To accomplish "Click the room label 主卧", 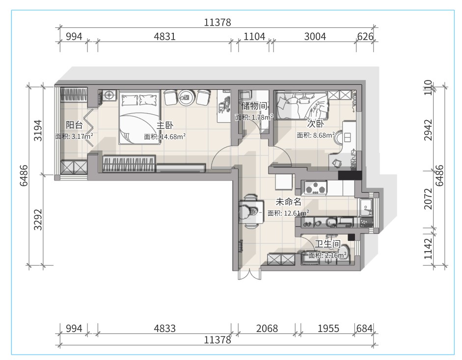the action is [x=164, y=126].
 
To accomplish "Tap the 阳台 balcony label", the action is [x=74, y=125].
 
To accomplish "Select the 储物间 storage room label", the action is [x=255, y=105].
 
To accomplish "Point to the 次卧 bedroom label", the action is [x=316, y=124].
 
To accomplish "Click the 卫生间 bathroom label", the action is [x=327, y=244].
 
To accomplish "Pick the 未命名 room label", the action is [x=289, y=202].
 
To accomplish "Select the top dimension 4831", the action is [x=164, y=36].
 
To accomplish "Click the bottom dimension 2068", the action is [x=267, y=328].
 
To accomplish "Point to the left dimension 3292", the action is [x=38, y=220].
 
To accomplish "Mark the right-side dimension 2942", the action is [x=428, y=130].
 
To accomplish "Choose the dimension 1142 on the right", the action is [x=428, y=249].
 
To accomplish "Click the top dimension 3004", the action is [x=315, y=36].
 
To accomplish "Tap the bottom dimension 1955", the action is [x=328, y=328].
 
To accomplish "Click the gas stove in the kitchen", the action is [x=316, y=188].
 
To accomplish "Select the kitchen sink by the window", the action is [x=366, y=208].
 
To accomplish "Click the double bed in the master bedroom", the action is [x=139, y=117].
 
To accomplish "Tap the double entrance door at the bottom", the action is [x=249, y=274].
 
